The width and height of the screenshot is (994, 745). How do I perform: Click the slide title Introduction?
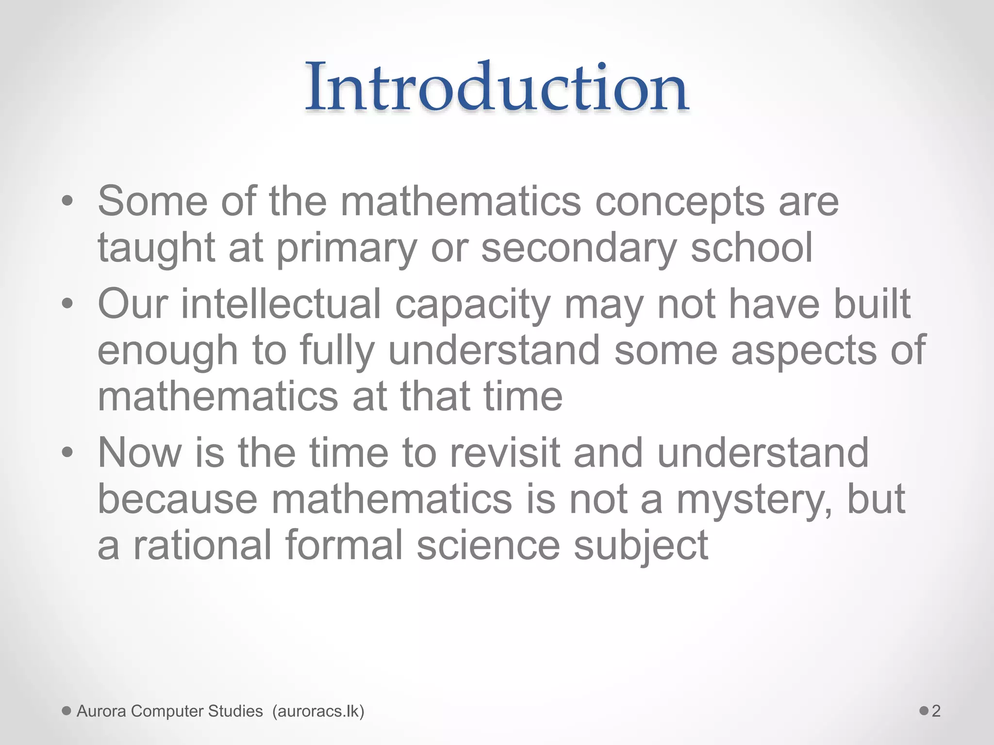tap(497, 88)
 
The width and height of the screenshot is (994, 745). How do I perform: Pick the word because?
tap(177, 500)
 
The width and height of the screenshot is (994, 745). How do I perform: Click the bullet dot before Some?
tap(67, 202)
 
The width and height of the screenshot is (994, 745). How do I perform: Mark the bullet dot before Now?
tap(67, 453)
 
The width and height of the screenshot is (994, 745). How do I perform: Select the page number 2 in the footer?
tap(936, 711)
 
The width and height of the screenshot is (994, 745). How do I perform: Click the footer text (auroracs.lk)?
tap(318, 711)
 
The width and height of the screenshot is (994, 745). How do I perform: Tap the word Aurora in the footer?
tap(101, 711)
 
